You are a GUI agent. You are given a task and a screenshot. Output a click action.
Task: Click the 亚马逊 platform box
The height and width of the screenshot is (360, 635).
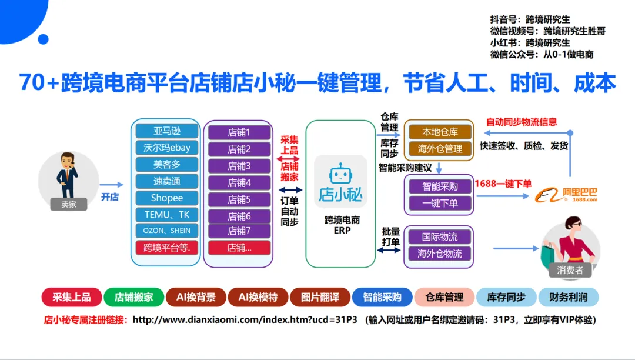pos(166,131)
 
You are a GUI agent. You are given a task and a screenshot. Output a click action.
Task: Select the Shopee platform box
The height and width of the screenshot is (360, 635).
pos(166,198)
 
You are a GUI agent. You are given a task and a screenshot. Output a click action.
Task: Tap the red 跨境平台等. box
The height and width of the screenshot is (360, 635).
pos(166,247)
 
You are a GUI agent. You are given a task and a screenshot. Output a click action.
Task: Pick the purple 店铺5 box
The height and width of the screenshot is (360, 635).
pos(239,199)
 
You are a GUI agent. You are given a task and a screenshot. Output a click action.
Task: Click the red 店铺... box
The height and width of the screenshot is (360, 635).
pos(239,248)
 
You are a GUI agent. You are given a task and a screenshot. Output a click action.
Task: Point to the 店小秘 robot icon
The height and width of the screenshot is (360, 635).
pos(341,175)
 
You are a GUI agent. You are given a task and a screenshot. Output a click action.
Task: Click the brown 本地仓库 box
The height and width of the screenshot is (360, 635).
pos(439,132)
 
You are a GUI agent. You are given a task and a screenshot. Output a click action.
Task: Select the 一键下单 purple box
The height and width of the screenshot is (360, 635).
pos(439,204)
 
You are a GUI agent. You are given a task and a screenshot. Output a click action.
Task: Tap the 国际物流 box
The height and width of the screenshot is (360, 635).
pos(439,236)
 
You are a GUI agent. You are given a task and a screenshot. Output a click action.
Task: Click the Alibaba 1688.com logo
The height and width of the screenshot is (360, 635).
pos(566,195)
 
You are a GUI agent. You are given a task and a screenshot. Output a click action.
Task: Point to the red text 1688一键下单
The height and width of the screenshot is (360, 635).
pos(503,184)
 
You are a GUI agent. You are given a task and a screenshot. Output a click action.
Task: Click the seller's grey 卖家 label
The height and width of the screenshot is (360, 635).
pos(69,204)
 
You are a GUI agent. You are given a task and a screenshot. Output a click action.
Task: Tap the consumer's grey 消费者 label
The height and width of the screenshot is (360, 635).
pos(570,270)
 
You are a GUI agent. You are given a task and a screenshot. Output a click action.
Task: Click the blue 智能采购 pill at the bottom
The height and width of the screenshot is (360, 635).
pos(382,297)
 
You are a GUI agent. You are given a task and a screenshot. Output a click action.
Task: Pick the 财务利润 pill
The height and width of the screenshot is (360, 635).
pos(568,297)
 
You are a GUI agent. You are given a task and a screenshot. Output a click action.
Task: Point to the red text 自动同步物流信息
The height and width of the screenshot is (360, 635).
pos(522,122)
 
